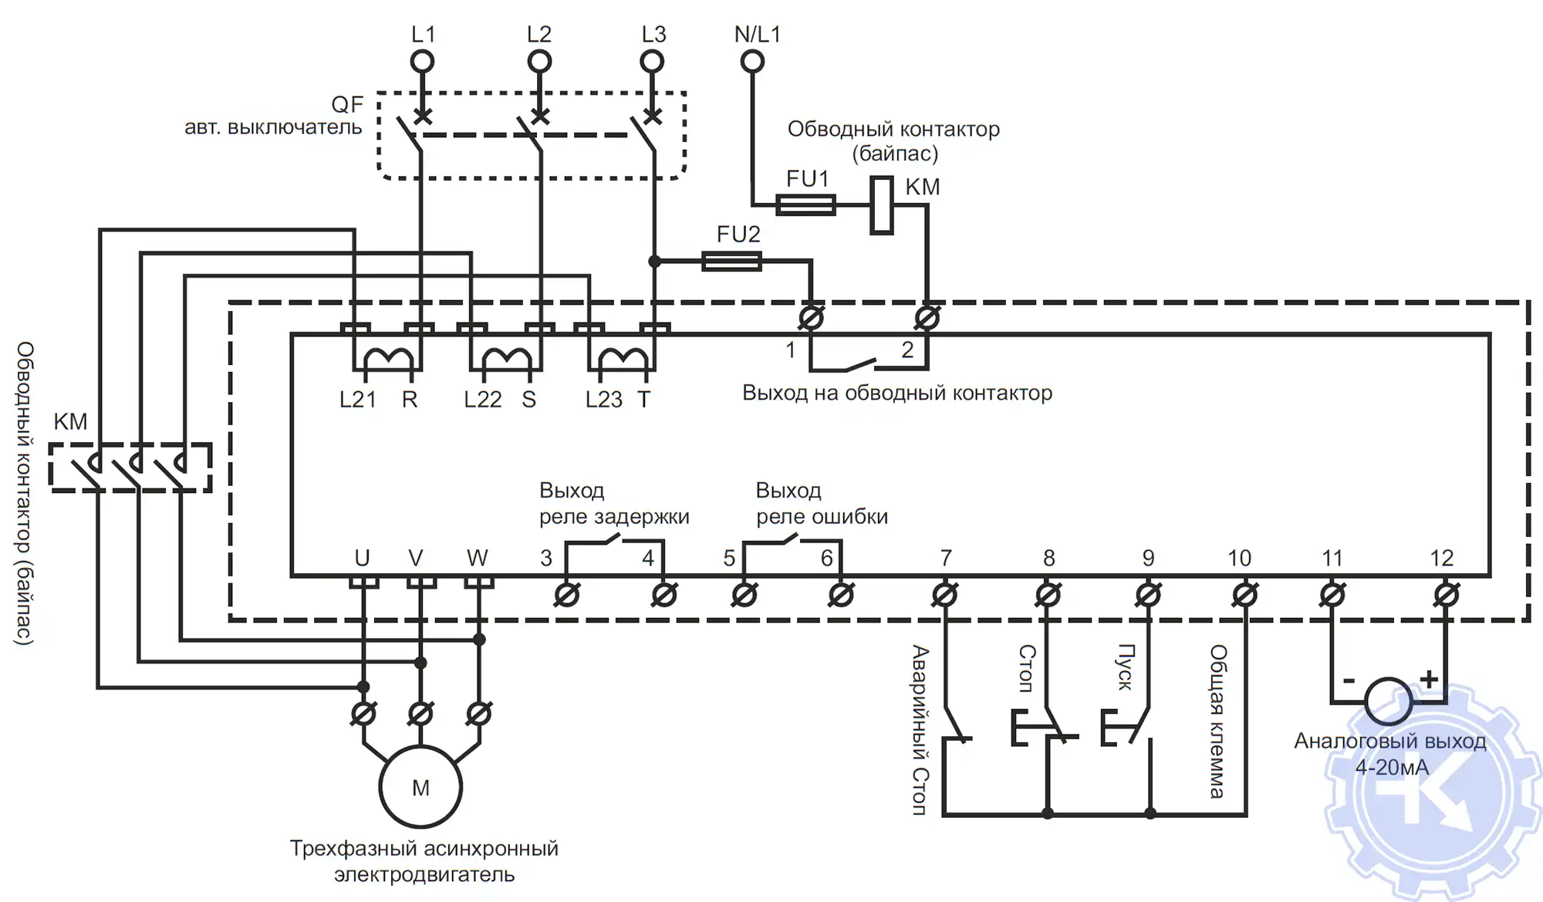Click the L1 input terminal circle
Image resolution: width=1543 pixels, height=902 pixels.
pos(422,61)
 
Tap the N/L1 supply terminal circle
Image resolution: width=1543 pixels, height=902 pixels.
pos(752,61)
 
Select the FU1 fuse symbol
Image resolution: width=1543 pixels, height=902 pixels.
pos(805,204)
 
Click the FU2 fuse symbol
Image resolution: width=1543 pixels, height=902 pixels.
pos(732,262)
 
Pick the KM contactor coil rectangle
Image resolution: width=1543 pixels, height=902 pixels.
pos(882,205)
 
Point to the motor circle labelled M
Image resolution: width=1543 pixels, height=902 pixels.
pos(420,787)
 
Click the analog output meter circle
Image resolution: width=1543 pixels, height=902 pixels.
pos(1388,701)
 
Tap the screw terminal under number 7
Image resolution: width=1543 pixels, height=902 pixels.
pos(945,595)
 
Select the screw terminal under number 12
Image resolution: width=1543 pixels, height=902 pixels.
pos(1446,595)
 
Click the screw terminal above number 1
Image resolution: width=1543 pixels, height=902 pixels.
pos(811,317)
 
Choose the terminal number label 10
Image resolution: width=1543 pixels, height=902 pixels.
pos(1239,558)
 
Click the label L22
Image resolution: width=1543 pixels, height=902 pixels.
pos(483,400)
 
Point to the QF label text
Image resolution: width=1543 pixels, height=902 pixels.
pos(347,104)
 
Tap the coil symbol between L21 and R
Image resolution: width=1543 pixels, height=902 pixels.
pos(389,360)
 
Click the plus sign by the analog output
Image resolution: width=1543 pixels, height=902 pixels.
pos(1429,678)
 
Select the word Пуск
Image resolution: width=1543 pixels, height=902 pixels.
pos(1126,667)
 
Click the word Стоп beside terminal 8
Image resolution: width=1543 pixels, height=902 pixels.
pos(1026,669)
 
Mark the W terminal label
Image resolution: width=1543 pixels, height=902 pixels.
pos(478,558)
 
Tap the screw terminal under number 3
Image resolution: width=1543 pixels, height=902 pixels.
pos(567,595)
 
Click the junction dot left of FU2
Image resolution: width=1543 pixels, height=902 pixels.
pos(654,262)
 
